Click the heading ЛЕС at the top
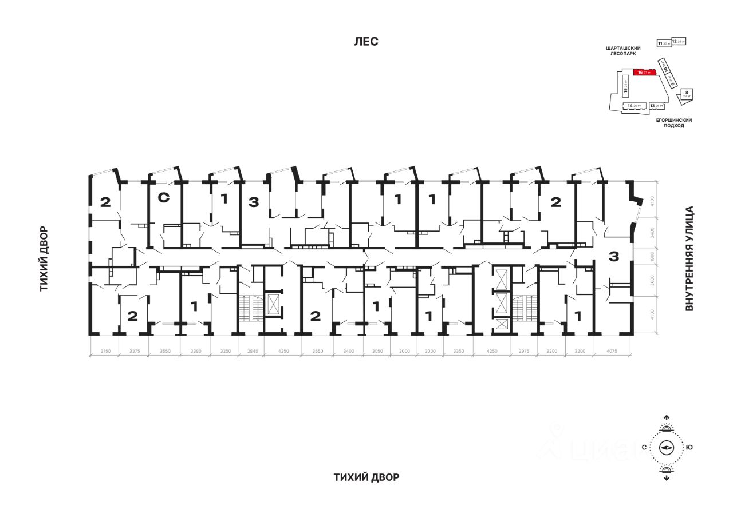coord(366,42)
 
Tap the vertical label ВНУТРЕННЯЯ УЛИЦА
coord(689,258)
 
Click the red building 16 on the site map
coord(644,73)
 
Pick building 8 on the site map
coord(687,94)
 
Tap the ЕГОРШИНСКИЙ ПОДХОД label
coord(674,123)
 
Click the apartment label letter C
coord(163,198)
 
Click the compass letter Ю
coord(689,448)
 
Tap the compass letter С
coord(644,448)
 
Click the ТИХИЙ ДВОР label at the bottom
coord(366,477)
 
